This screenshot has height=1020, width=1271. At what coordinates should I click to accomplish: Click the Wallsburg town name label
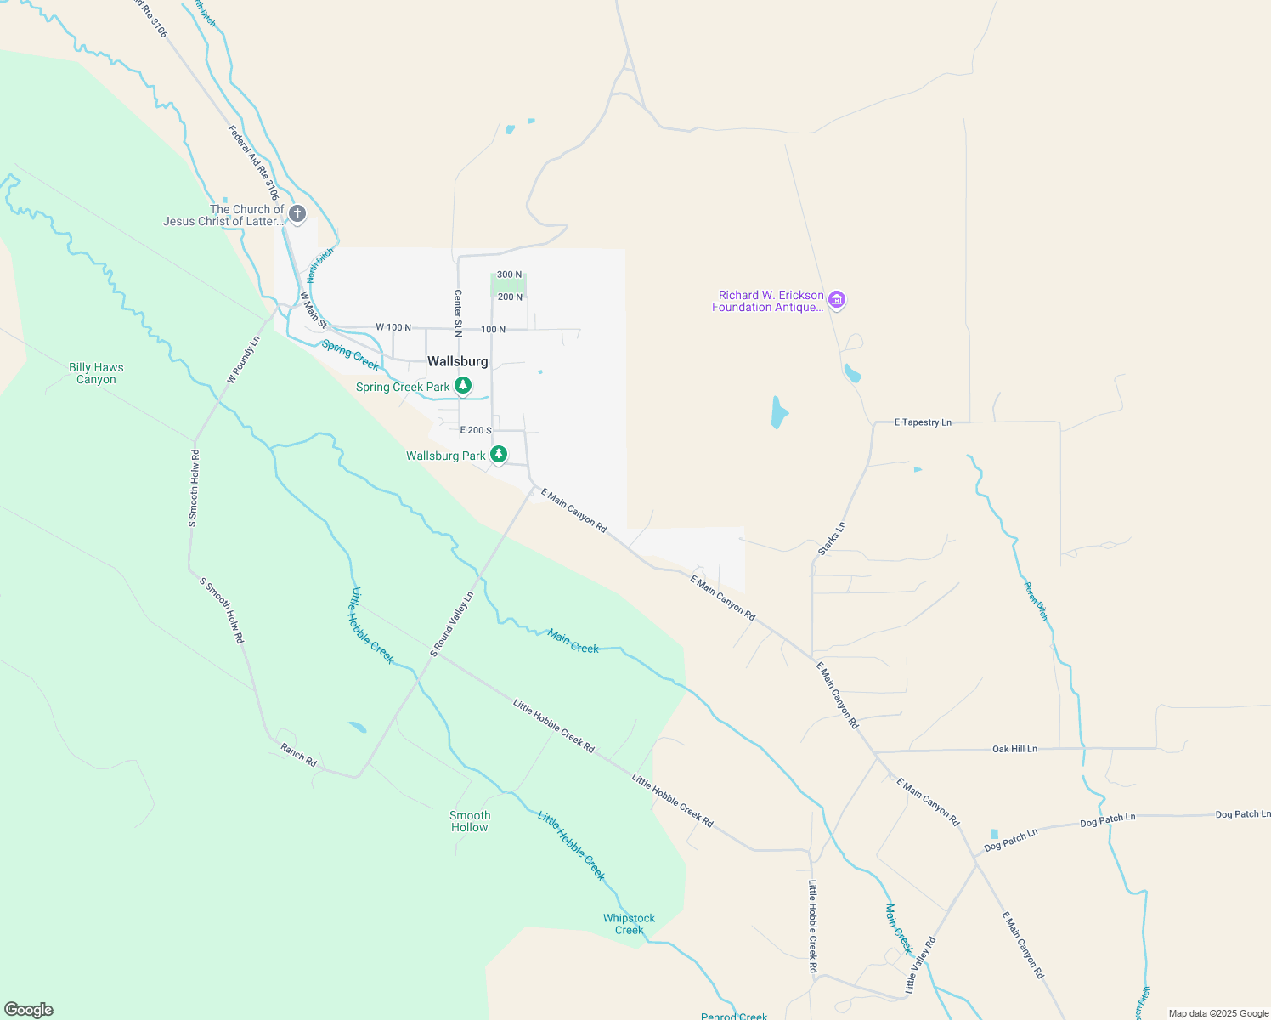[457, 361]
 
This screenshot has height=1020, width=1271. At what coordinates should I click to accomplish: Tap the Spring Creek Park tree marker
[463, 387]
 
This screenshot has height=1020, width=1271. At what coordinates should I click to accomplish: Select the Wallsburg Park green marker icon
[499, 455]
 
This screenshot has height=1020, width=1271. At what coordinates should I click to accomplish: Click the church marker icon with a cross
[297, 213]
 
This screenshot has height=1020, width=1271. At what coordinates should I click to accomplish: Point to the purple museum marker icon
[837, 300]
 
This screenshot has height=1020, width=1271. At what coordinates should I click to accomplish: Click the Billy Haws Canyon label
[96, 373]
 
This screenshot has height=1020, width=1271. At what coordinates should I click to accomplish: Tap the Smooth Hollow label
[470, 821]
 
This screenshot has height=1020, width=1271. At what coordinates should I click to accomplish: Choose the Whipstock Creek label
[629, 924]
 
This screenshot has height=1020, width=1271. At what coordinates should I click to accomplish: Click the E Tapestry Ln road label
[923, 422]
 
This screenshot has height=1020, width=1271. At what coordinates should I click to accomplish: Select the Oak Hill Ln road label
[1014, 749]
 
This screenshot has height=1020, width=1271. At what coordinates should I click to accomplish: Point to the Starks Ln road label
[832, 539]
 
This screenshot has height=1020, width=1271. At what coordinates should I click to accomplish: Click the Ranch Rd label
[298, 755]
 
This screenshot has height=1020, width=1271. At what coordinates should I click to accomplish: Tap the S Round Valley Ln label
[451, 625]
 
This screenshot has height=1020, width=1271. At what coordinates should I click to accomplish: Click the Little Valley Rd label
[920, 965]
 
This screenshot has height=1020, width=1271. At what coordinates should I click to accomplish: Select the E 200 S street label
[476, 430]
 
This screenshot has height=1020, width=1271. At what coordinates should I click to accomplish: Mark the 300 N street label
[510, 275]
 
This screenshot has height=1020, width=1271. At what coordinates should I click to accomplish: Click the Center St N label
[458, 313]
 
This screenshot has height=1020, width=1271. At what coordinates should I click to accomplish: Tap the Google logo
[29, 1010]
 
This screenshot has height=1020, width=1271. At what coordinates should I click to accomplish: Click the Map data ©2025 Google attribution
[1218, 1013]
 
